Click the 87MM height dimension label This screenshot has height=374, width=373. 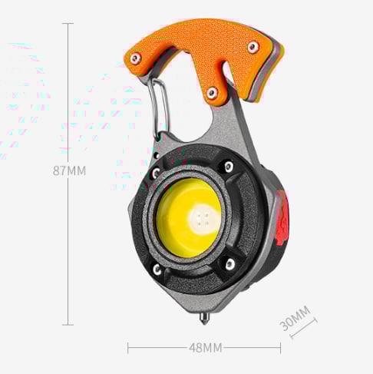pos(69,170)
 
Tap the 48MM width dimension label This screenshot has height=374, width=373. pos(206,348)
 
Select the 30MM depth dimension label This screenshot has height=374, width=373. pos(295,318)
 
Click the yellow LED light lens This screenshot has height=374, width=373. pos(189,217)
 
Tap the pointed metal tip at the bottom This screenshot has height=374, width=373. pos(204,319)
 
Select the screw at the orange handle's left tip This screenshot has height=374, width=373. pos(135,59)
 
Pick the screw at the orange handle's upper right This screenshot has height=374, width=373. pos(253,47)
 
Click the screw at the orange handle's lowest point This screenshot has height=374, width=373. pos(212,93)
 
